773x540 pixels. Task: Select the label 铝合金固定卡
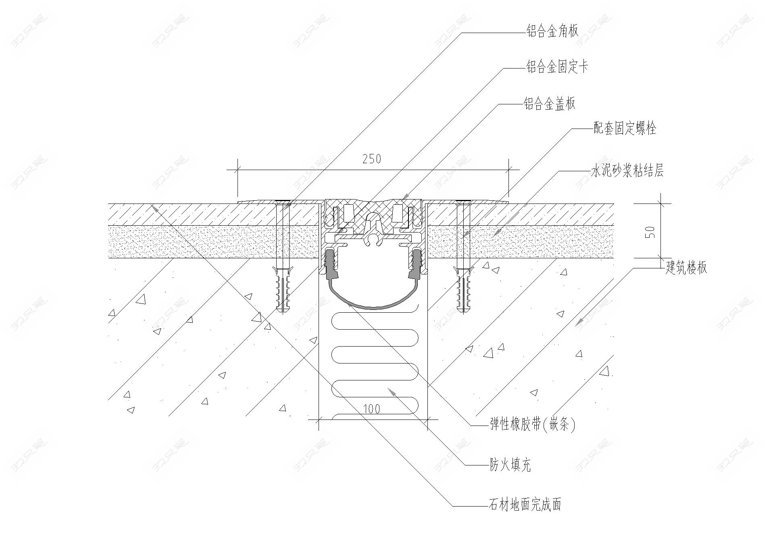click(557, 67)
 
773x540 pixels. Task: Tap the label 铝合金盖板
click(549, 104)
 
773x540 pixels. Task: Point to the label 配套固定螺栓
click(625, 129)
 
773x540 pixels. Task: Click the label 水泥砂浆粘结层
click(627, 171)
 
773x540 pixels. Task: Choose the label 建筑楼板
click(686, 268)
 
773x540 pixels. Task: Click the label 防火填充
click(510, 465)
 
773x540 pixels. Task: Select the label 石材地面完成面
click(525, 505)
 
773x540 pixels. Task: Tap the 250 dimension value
click(371, 159)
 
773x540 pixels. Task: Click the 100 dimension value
click(371, 409)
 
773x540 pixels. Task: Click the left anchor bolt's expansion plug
click(283, 288)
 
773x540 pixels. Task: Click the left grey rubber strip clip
click(331, 264)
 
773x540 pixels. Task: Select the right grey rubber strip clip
click(415, 264)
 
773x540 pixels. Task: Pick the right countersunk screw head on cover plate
click(463, 201)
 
